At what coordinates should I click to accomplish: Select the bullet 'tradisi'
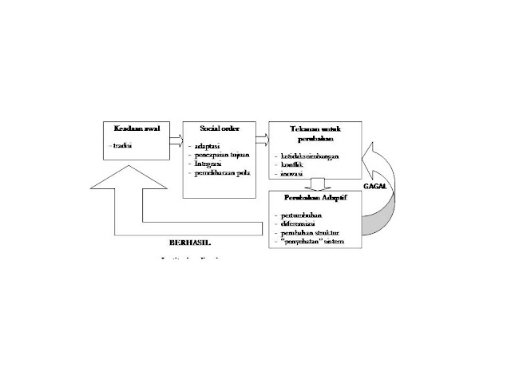pyautogui.click(x=122, y=146)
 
